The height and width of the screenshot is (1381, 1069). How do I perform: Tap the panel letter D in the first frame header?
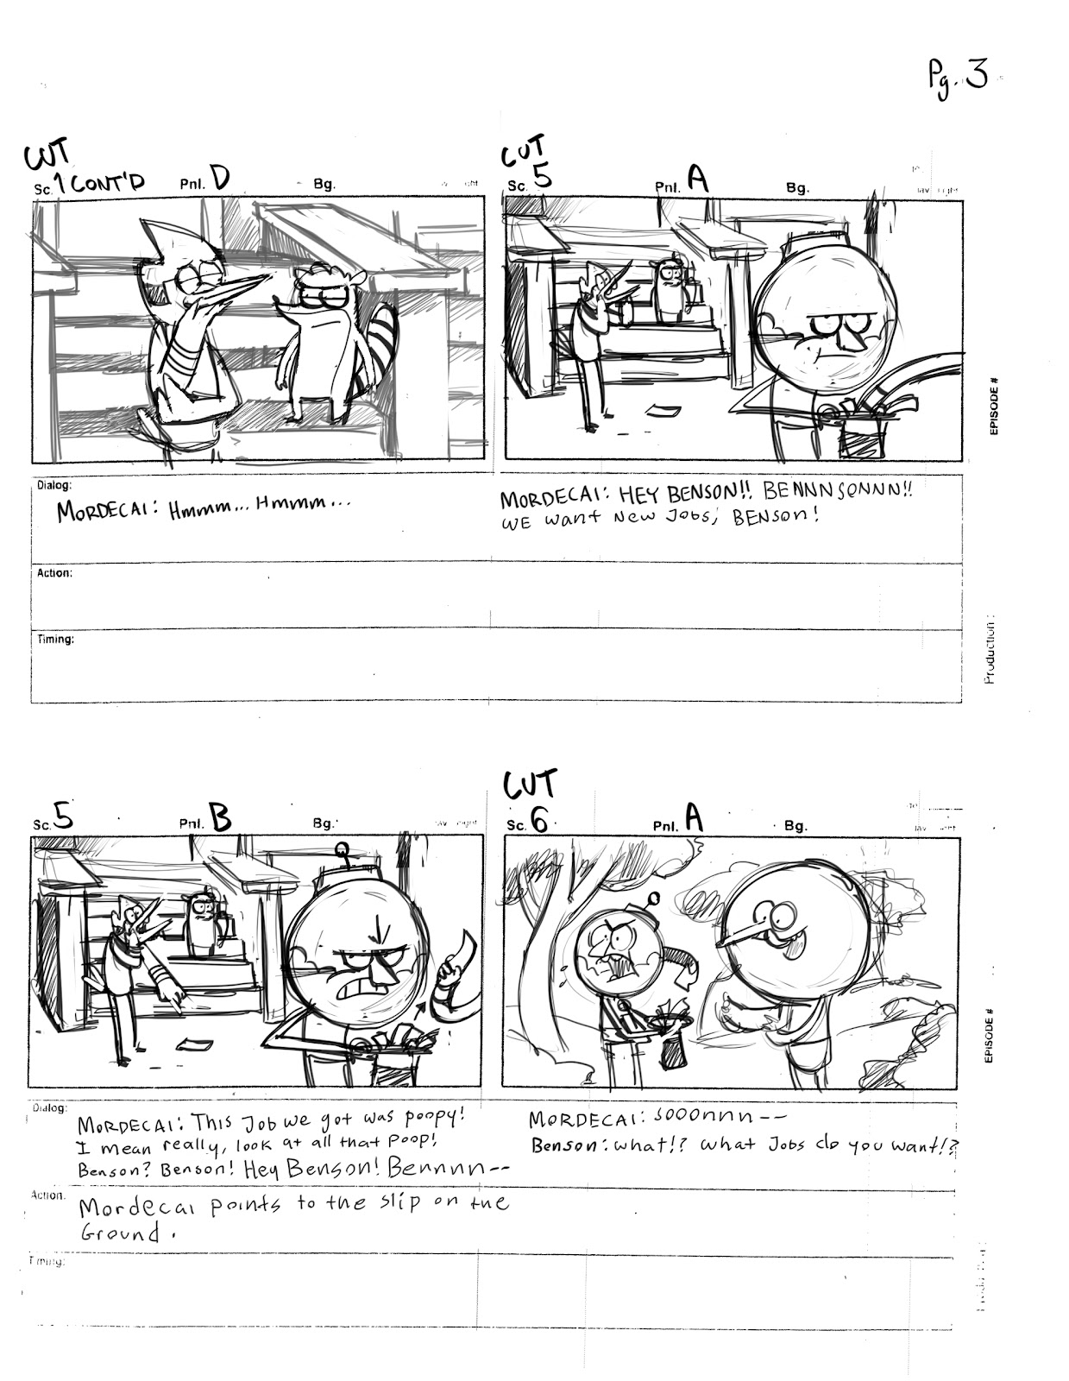pyautogui.click(x=219, y=178)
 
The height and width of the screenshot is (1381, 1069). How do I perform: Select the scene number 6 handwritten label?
pyautogui.click(x=539, y=821)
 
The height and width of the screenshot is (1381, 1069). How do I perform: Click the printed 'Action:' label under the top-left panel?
pyautogui.click(x=54, y=573)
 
